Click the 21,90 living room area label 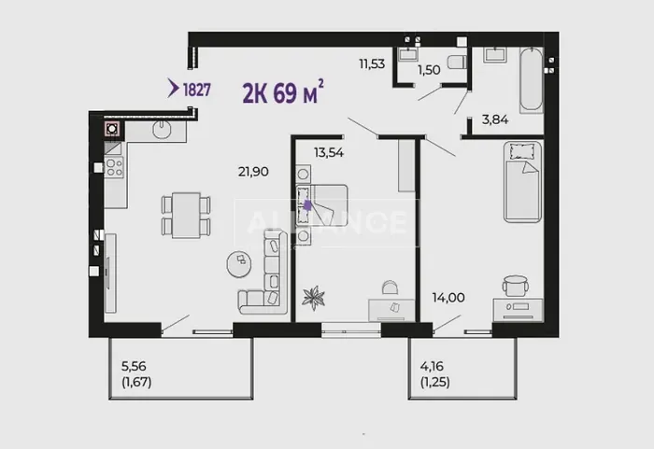253,172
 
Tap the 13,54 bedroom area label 329,153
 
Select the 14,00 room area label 448,298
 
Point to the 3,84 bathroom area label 495,120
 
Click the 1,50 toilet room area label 429,70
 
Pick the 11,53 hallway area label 372,64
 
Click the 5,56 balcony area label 134,367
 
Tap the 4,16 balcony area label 432,367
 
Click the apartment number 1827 196,90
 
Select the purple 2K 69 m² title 283,92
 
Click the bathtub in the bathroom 531,80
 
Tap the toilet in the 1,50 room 457,63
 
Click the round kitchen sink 162,129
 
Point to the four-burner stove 114,168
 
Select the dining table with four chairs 186,215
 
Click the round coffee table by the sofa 239,262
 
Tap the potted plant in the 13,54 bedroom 314,298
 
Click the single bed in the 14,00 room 522,182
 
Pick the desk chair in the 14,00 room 516,286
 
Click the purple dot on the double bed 307,205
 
